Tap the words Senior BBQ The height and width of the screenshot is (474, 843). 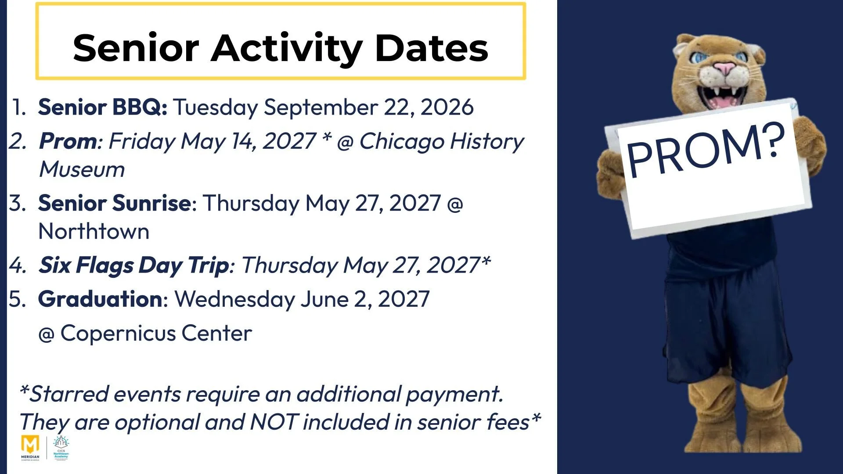102,107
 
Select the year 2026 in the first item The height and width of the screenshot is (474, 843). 447,107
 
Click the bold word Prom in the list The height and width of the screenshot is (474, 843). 68,142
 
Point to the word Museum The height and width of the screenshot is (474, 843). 82,169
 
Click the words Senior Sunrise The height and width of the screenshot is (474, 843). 115,203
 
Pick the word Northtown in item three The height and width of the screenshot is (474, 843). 94,231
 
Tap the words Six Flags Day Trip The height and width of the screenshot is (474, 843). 134,266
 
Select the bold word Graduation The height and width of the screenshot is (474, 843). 100,299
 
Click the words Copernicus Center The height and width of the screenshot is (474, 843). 156,334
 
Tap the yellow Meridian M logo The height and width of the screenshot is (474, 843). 30,445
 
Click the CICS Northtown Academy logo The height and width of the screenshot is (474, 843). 61,448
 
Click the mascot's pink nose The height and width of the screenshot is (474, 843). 724,69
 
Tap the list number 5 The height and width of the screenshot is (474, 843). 18,299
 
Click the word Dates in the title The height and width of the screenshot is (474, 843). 432,49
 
